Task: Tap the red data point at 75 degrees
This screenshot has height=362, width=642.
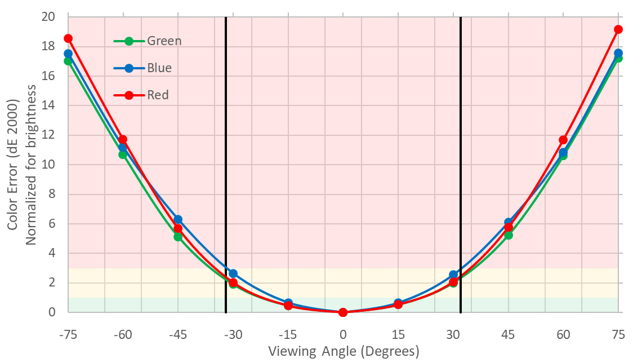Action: [x=618, y=29]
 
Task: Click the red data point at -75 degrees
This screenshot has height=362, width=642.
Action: [x=68, y=38]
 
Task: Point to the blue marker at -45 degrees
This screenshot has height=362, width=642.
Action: [x=178, y=219]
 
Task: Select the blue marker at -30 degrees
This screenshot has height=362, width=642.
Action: [x=233, y=273]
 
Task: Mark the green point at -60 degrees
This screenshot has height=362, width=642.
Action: [x=123, y=154]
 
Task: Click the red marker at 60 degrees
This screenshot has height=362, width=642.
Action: [x=563, y=140]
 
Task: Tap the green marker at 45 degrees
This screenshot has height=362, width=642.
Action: [x=508, y=235]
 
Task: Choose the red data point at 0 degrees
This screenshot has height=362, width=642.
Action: [x=343, y=312]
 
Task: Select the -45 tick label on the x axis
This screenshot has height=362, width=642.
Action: [x=178, y=334]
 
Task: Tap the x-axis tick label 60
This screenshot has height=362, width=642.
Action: [x=563, y=334]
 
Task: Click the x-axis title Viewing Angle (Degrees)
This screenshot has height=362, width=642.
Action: [x=344, y=352]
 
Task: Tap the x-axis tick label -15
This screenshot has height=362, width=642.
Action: [x=288, y=334]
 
